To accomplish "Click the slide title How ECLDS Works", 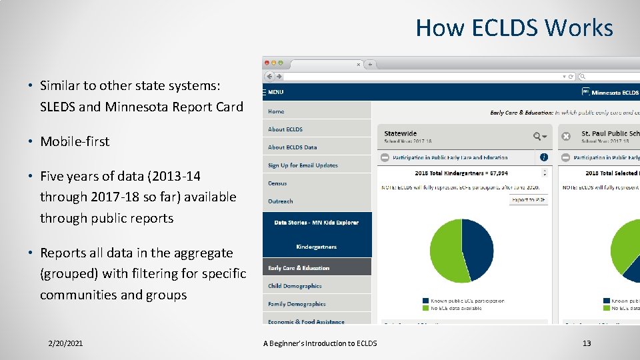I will point(514,28).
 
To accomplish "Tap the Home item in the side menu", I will point(276,111).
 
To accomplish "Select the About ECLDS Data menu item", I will point(292,147).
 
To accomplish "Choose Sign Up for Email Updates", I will point(303,165).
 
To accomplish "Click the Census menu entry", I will point(277,183).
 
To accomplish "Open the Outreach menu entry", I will point(280,201).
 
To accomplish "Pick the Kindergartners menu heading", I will point(316,247).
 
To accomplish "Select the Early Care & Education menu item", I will point(299,268).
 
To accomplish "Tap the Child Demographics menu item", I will point(295,286).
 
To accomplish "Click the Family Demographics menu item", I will point(297,304).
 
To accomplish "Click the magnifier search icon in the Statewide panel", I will point(537,136).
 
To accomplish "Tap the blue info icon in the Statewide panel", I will point(544,158).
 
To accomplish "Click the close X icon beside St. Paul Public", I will point(566,136).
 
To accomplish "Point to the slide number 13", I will point(587,343).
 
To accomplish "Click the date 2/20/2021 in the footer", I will point(65,343).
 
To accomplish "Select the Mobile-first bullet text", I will point(75,141).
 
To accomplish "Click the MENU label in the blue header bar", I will point(275,92).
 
